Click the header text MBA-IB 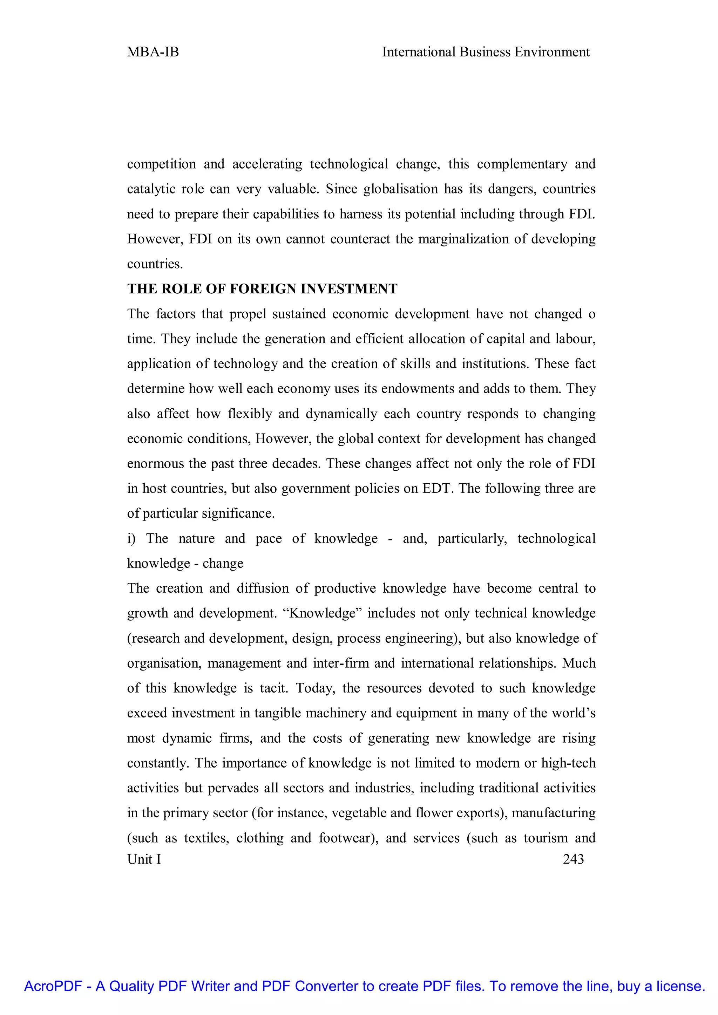click(x=153, y=52)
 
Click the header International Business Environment click(x=486, y=52)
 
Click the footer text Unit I click(x=144, y=859)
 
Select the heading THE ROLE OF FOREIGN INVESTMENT click(x=262, y=289)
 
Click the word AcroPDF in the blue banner click(x=53, y=986)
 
